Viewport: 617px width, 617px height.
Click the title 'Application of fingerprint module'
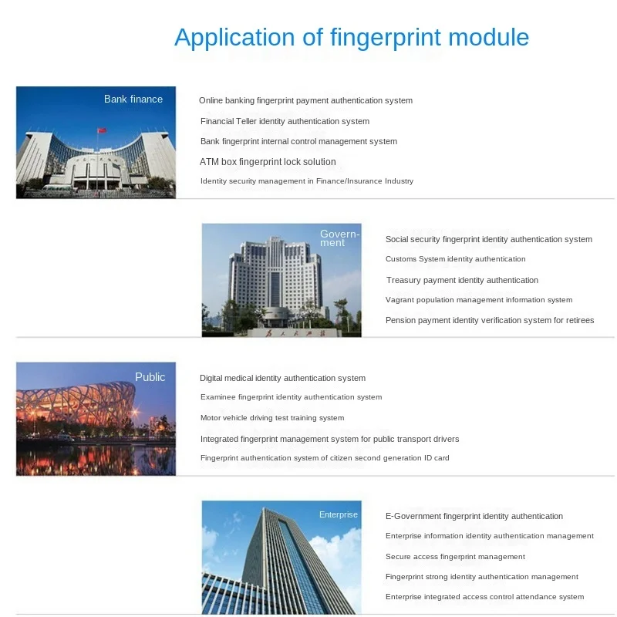point(352,38)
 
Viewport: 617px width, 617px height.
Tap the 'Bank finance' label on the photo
point(133,99)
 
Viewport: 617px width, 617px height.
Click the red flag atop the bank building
point(99,131)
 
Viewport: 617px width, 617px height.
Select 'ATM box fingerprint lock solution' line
point(268,162)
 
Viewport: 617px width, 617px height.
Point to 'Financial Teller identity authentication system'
point(285,121)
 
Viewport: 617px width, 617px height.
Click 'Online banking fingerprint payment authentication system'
point(305,100)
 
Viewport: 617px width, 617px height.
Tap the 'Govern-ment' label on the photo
point(338,238)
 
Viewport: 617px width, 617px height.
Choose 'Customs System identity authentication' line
point(455,259)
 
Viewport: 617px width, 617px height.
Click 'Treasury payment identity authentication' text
point(462,280)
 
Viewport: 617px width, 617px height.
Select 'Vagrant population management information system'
point(479,300)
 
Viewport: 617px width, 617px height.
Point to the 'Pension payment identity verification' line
point(490,320)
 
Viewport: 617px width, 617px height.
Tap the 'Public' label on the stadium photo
point(150,377)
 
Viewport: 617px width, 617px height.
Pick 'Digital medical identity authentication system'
point(282,378)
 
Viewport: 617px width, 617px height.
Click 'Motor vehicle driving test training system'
point(272,418)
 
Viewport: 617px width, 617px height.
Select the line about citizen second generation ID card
point(325,458)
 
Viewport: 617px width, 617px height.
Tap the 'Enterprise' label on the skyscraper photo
point(339,514)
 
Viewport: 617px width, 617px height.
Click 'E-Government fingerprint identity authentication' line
point(474,516)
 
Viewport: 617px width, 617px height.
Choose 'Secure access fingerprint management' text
point(455,557)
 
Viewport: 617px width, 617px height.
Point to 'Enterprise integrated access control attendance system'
point(484,597)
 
